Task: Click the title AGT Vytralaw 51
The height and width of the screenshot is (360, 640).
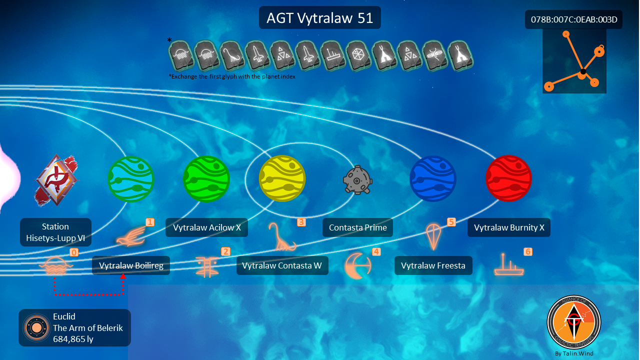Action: click(319, 17)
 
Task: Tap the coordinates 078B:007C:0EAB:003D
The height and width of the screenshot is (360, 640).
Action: click(573, 19)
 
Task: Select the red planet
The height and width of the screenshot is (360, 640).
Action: click(508, 178)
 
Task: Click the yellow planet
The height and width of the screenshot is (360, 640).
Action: click(282, 178)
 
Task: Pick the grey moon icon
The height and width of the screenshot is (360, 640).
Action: click(357, 180)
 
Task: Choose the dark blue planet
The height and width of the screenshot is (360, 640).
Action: click(433, 178)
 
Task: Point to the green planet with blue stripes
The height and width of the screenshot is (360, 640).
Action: click(131, 179)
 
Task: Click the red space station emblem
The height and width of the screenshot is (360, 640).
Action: click(56, 180)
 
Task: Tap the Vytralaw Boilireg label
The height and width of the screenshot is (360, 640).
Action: click(131, 265)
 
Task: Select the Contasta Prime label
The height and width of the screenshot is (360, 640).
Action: click(357, 227)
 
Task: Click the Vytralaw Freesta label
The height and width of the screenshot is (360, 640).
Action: click(433, 265)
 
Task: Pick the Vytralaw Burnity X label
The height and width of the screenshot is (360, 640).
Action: click(509, 227)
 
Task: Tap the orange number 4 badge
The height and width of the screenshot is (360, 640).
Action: click(376, 251)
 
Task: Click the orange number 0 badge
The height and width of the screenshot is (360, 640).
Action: click(74, 252)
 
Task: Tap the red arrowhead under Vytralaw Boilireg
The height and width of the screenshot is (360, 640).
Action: click(123, 276)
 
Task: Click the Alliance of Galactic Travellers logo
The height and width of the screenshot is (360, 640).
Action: click(573, 322)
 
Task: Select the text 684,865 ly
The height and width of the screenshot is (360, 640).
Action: click(73, 339)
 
